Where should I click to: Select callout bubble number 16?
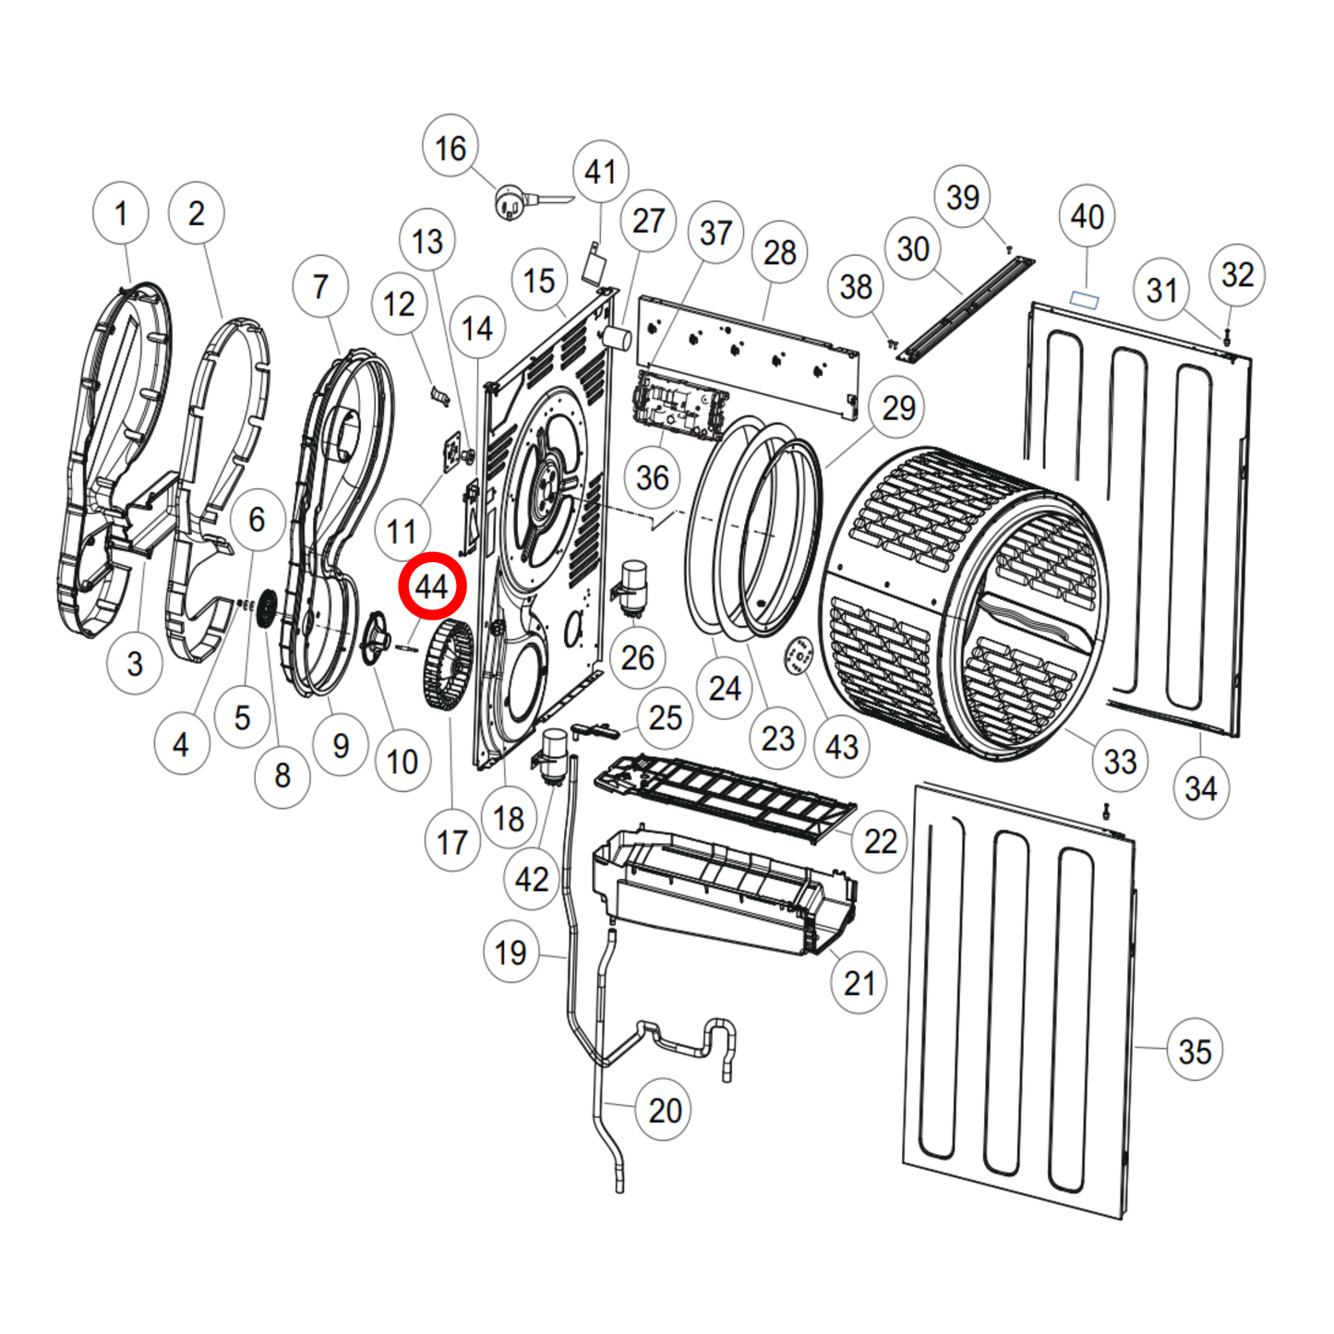click(451, 148)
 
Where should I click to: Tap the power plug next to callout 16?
click(511, 202)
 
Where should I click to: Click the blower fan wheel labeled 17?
click(448, 664)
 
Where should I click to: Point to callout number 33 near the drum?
click(1120, 762)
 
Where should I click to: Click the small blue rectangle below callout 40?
click(1085, 299)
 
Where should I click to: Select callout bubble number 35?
click(1195, 1051)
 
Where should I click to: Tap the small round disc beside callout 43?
click(799, 656)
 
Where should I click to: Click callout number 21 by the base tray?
click(859, 983)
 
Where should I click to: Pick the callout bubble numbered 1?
click(121, 213)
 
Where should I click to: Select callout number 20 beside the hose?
click(665, 1111)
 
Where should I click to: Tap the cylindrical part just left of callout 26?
click(633, 585)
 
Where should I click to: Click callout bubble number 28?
click(780, 252)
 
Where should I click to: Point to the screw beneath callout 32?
click(1227, 339)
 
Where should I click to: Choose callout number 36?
click(653, 477)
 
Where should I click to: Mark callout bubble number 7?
click(320, 287)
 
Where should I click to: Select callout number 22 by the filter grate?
click(880, 841)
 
